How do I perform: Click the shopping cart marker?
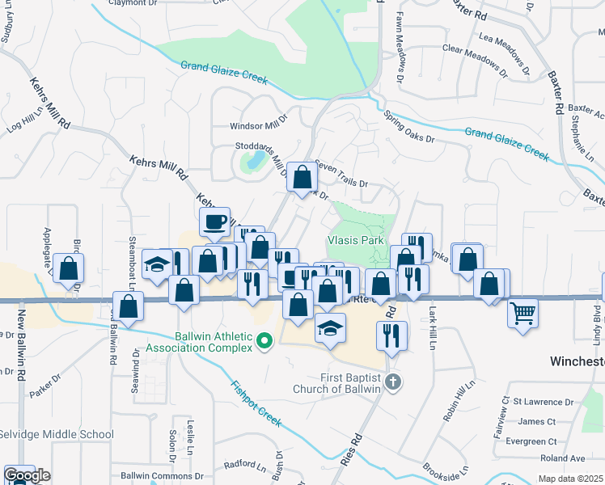click(523, 311)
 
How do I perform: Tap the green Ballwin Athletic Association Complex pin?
click(263, 344)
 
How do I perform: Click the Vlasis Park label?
click(354, 240)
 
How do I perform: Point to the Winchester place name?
click(577, 361)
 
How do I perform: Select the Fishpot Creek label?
click(256, 404)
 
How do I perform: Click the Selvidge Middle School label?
click(56, 435)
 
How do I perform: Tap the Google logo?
click(26, 475)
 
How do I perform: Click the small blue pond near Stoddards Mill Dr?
click(254, 159)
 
